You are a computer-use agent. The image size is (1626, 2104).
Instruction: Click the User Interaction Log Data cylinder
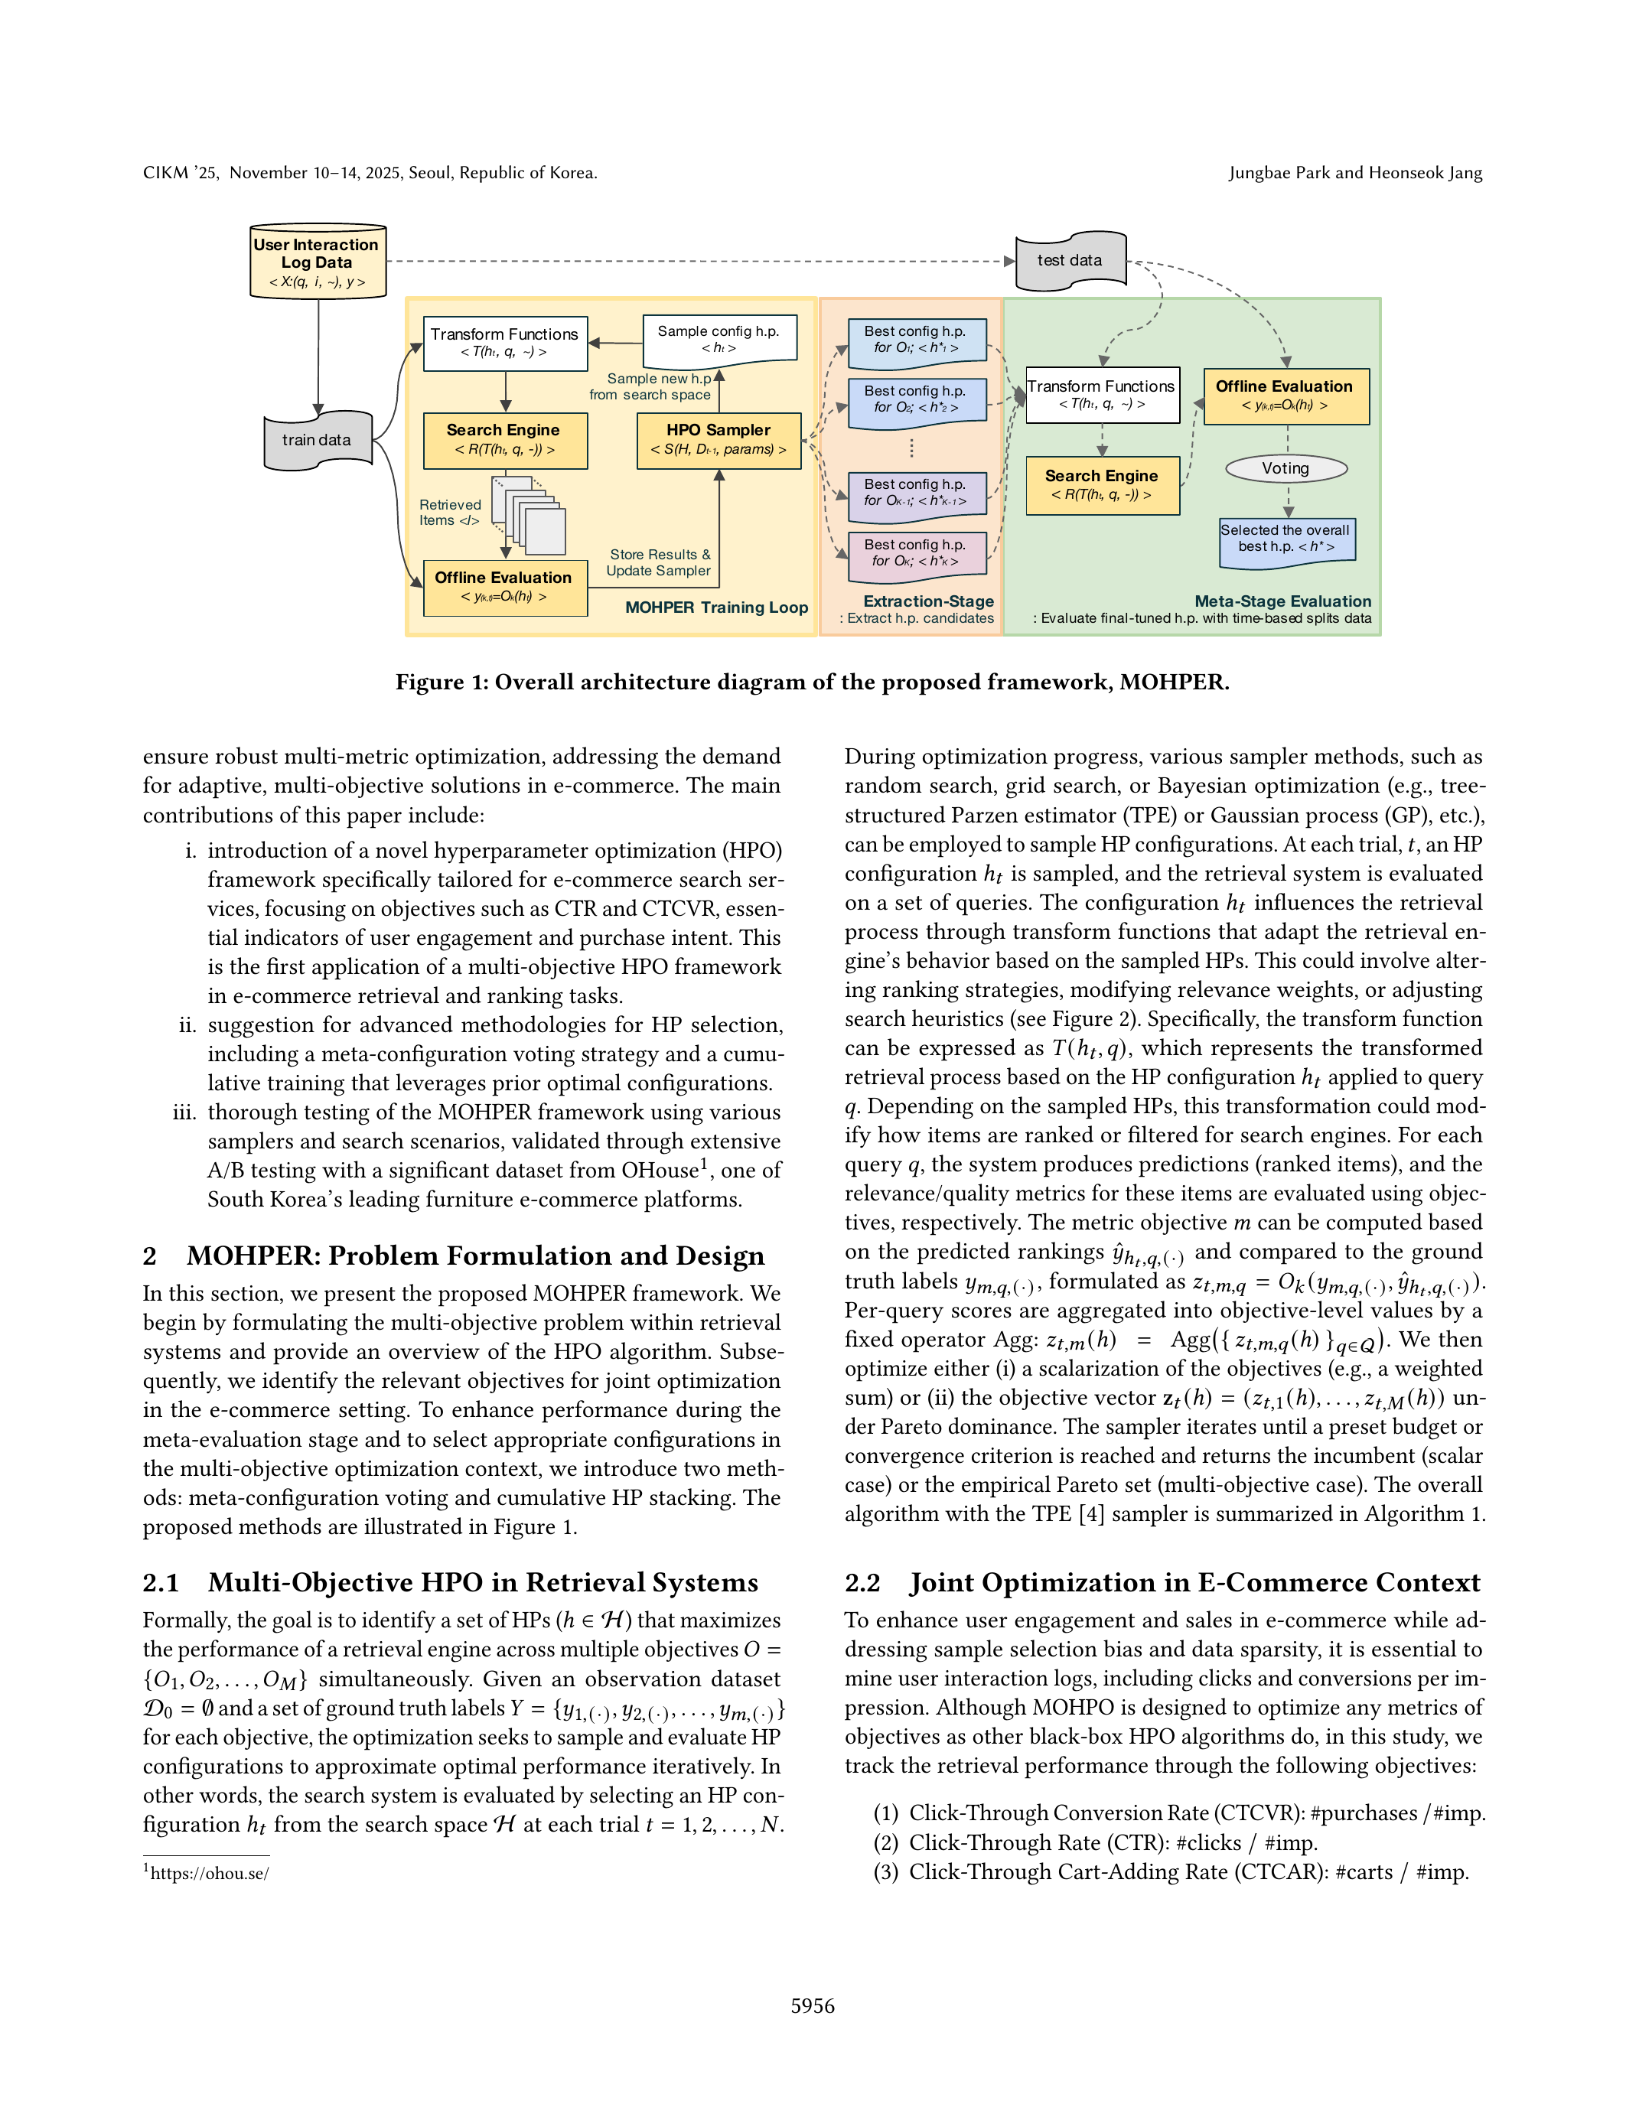[x=317, y=262]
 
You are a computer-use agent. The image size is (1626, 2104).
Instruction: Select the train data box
[x=318, y=440]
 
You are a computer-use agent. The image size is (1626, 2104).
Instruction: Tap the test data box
[x=1070, y=260]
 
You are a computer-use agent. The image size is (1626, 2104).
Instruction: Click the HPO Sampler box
[x=719, y=440]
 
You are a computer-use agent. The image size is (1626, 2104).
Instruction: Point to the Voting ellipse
[x=1286, y=468]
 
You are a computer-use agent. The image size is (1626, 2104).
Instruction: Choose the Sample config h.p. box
[x=719, y=339]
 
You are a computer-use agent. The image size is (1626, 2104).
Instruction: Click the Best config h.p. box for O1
[x=916, y=340]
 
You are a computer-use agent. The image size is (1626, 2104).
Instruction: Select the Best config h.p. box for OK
[x=916, y=554]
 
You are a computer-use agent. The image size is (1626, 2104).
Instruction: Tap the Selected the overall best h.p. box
[x=1286, y=539]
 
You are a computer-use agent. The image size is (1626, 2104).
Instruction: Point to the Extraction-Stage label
[x=927, y=601]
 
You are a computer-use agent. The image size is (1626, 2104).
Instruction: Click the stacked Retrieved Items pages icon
[x=529, y=516]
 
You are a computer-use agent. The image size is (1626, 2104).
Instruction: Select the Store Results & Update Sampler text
[x=659, y=562]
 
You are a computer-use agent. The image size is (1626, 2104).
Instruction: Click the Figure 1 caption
[x=812, y=682]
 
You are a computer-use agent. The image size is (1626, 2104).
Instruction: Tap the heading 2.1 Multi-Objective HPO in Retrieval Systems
[x=450, y=1582]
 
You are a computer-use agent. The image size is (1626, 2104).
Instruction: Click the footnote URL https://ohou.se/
[x=209, y=1874]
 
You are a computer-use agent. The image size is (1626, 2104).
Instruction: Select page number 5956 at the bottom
[x=812, y=2006]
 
